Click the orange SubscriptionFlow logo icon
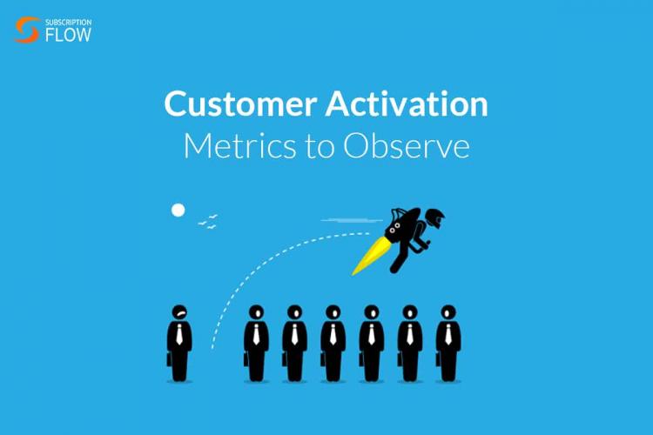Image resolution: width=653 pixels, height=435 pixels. tap(27, 30)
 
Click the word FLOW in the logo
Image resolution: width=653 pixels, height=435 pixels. tap(68, 35)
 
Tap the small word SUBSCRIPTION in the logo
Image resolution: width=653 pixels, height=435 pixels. tap(68, 22)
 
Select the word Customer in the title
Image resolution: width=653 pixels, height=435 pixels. tap(240, 104)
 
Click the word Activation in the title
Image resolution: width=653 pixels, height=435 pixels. tap(407, 104)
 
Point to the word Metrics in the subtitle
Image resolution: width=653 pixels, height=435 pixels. tap(240, 145)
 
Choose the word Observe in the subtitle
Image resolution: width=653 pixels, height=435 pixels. tap(407, 145)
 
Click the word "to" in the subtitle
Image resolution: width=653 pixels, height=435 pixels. tap(320, 147)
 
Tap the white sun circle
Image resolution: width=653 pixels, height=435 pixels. tap(178, 211)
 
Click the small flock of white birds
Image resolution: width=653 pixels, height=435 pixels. tap(208, 222)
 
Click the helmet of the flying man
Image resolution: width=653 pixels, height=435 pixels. tap(434, 217)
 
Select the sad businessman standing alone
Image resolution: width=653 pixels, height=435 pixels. tap(179, 343)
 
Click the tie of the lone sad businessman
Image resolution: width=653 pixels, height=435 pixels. tap(179, 334)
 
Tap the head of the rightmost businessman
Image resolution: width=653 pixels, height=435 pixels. tap(448, 312)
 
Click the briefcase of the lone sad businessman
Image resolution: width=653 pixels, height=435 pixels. tap(169, 359)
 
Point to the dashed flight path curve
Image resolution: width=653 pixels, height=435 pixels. tap(259, 264)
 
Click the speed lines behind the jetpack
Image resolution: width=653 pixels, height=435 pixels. tap(352, 220)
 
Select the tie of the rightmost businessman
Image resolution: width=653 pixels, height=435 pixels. tap(448, 334)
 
